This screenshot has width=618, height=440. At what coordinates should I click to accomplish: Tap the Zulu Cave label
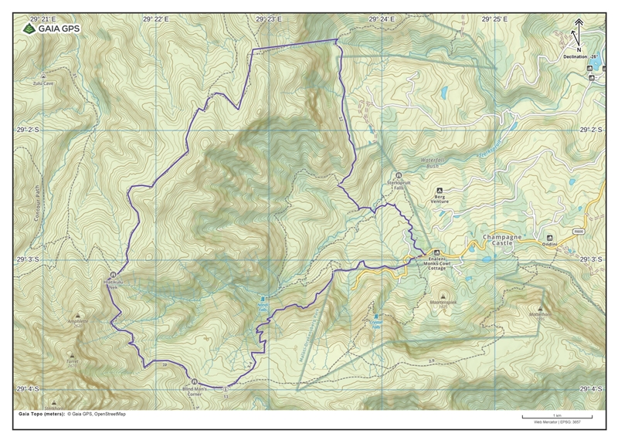pyautogui.click(x=42, y=83)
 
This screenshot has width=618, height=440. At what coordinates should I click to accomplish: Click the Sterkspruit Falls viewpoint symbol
pyautogui.click(x=399, y=175)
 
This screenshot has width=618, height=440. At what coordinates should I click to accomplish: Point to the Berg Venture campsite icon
pyautogui.click(x=440, y=190)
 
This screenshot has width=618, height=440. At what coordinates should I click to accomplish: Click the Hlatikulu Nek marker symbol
pyautogui.click(x=114, y=275)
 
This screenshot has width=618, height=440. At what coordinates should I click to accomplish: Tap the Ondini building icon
pyautogui.click(x=549, y=237)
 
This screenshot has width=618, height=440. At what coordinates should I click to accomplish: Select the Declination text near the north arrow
pyautogui.click(x=582, y=56)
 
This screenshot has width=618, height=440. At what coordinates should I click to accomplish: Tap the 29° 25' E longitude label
pyautogui.click(x=494, y=18)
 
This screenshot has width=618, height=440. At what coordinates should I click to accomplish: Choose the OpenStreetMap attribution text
pyautogui.click(x=106, y=415)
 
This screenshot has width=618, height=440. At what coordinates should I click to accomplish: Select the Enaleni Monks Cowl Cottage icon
pyautogui.click(x=436, y=252)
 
